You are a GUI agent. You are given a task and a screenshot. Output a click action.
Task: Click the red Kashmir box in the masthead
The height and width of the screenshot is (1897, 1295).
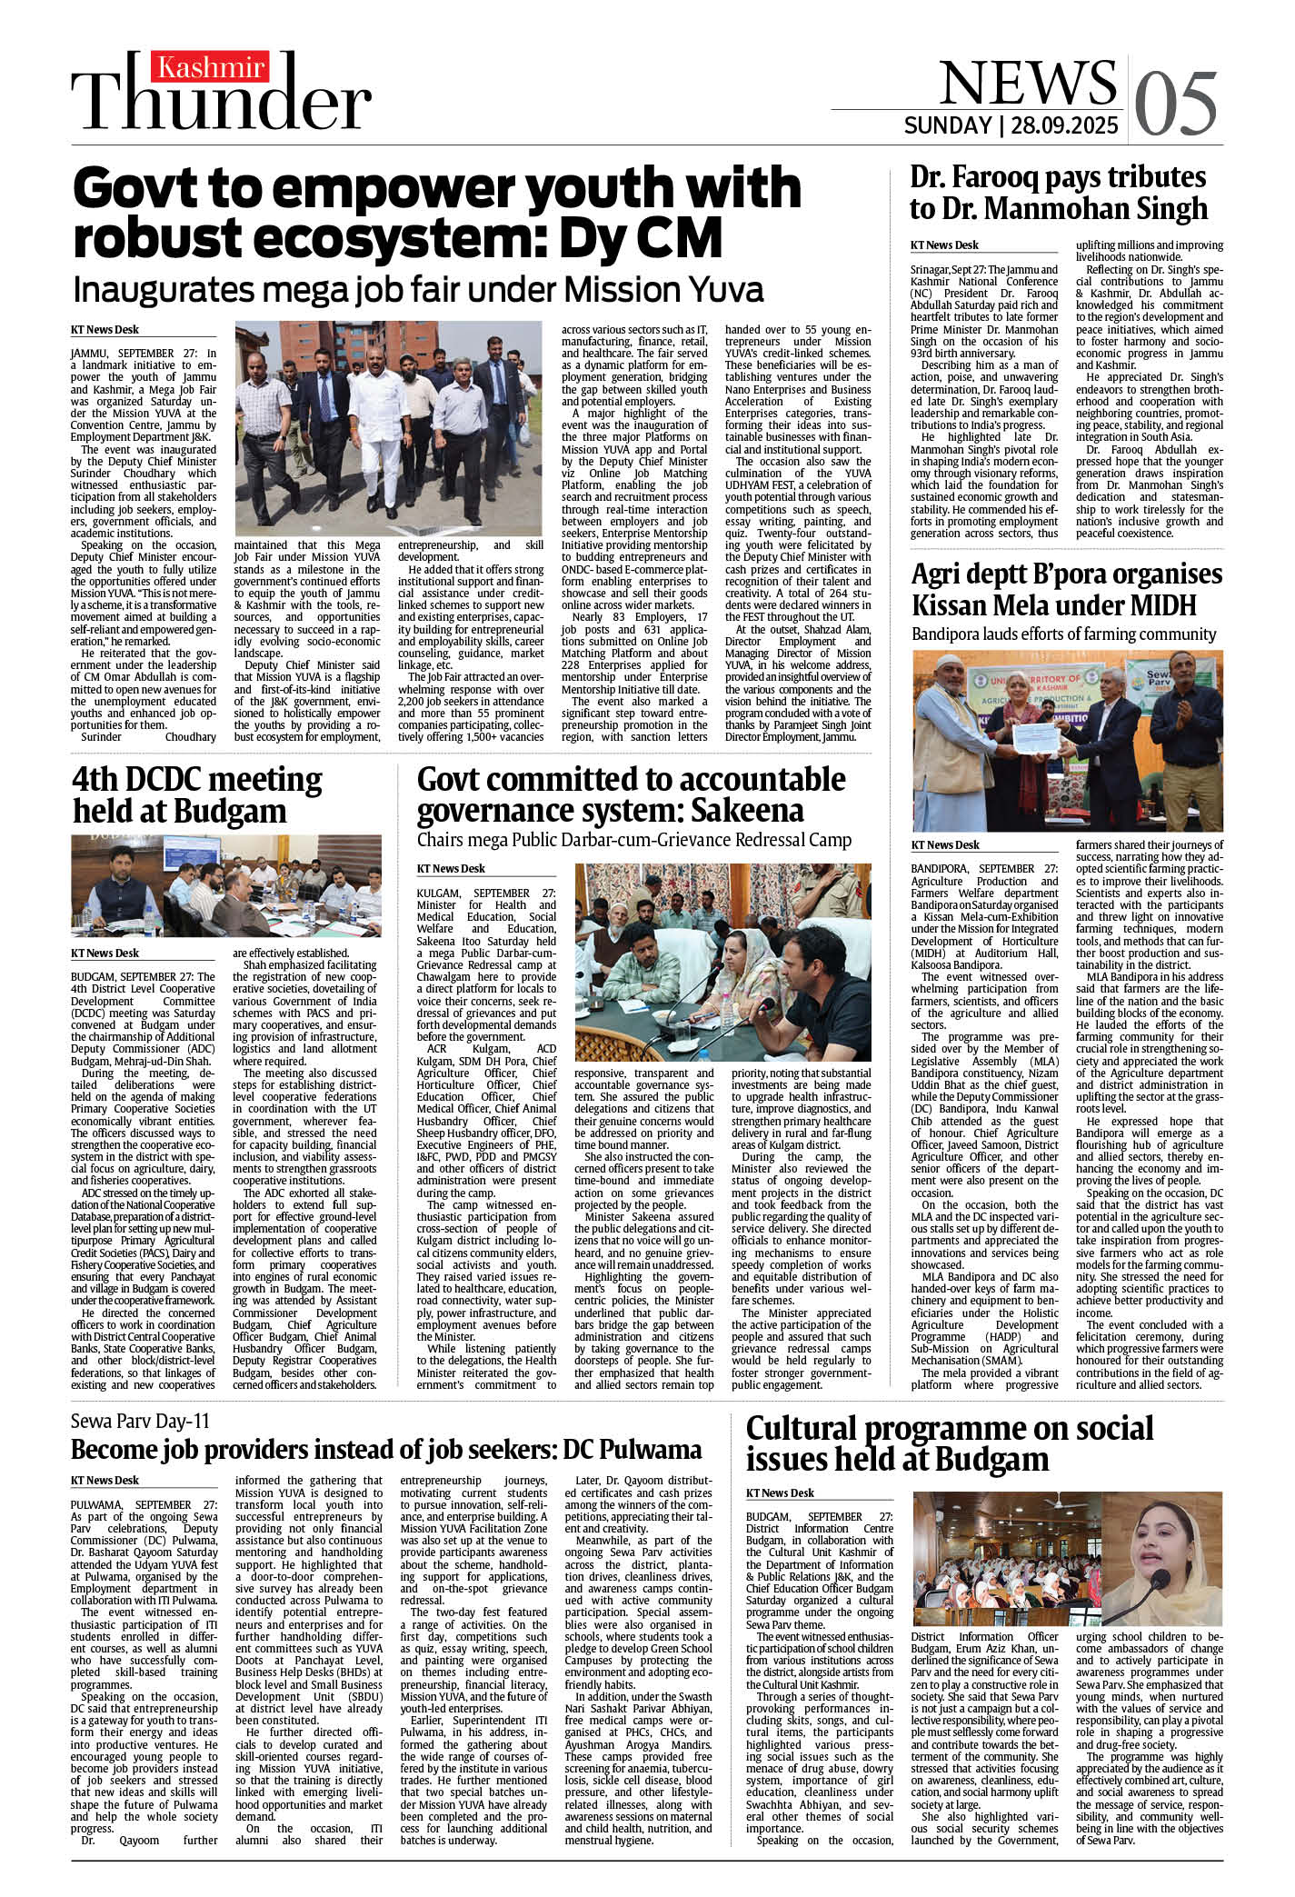(x=211, y=67)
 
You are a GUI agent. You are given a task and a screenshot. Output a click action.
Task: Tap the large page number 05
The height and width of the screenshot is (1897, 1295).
(x=1176, y=103)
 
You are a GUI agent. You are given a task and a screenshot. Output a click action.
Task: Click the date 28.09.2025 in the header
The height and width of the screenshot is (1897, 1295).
(x=1064, y=125)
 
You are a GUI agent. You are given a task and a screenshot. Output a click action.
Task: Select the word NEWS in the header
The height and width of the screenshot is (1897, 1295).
(x=1027, y=84)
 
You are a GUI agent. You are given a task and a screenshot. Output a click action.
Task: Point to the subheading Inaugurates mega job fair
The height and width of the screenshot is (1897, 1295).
(x=418, y=290)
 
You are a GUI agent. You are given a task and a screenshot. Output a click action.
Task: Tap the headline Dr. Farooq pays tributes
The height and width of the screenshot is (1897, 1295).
(x=1058, y=193)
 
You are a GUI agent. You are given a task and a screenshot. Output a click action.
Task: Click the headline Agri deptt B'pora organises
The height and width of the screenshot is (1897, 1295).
(x=1066, y=590)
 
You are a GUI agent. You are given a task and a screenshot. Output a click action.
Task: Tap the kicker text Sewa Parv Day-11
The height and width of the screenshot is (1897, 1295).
(x=140, y=1421)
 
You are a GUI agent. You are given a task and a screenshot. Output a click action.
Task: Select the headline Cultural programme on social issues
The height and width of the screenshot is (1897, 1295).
(x=949, y=1443)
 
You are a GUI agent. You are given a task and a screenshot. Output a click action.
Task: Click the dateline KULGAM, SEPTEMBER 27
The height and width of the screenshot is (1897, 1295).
(x=486, y=894)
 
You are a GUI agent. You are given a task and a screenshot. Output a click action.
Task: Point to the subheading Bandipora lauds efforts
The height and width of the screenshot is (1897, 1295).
(x=1063, y=634)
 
